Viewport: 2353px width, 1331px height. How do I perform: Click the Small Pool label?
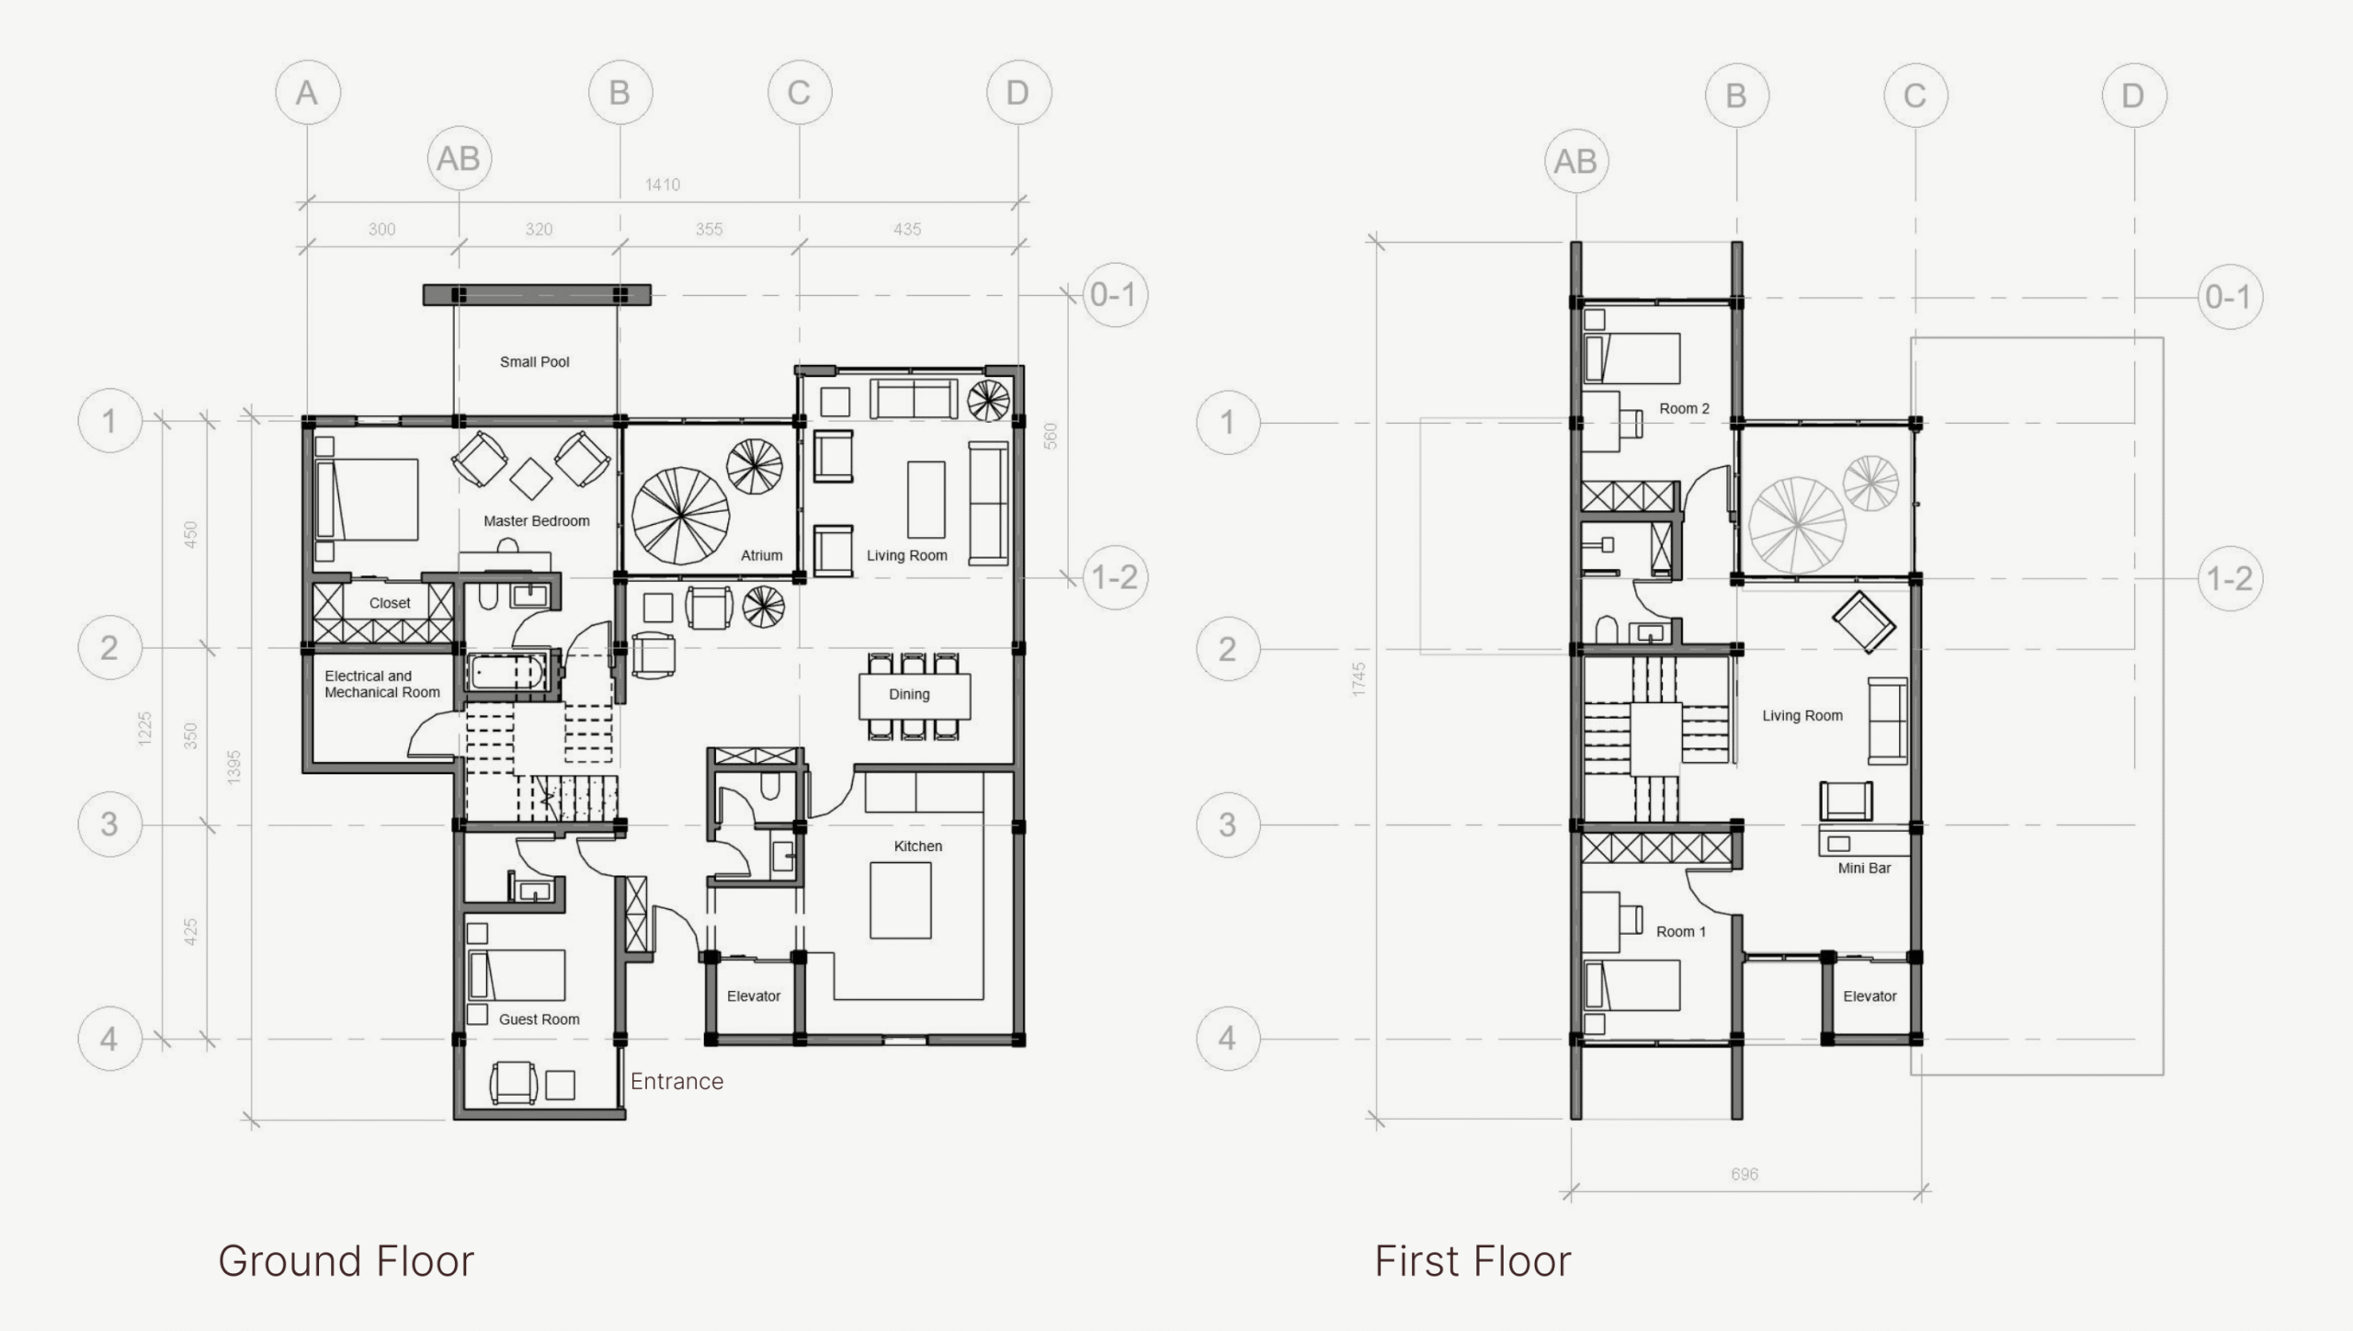click(x=534, y=362)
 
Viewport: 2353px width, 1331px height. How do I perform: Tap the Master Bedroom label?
click(x=537, y=521)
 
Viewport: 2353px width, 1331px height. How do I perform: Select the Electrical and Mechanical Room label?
click(x=382, y=684)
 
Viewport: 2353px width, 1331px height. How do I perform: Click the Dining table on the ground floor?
click(x=915, y=696)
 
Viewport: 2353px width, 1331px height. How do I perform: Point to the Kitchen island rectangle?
click(x=901, y=900)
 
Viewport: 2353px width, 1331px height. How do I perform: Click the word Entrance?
click(x=676, y=1081)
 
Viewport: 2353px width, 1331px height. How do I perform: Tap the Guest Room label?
click(x=540, y=1019)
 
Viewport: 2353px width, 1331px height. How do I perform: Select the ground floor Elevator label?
click(x=754, y=996)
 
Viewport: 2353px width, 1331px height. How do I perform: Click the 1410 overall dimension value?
click(x=663, y=185)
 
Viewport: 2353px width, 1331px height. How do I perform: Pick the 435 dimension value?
click(x=907, y=229)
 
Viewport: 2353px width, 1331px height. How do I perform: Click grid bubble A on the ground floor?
click(x=307, y=93)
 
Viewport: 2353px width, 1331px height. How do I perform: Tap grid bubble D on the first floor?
click(x=2133, y=96)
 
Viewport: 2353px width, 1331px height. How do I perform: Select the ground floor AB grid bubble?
click(x=459, y=159)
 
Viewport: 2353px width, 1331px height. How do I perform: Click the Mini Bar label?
click(x=1864, y=868)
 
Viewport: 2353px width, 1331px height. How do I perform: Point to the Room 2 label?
click(x=1684, y=409)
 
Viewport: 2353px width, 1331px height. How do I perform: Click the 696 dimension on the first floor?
click(x=1745, y=1174)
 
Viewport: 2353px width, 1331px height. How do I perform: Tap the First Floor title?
click(x=1472, y=1261)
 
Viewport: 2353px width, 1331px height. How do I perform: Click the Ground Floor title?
click(x=347, y=1261)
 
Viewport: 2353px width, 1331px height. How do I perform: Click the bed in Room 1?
click(x=1632, y=985)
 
